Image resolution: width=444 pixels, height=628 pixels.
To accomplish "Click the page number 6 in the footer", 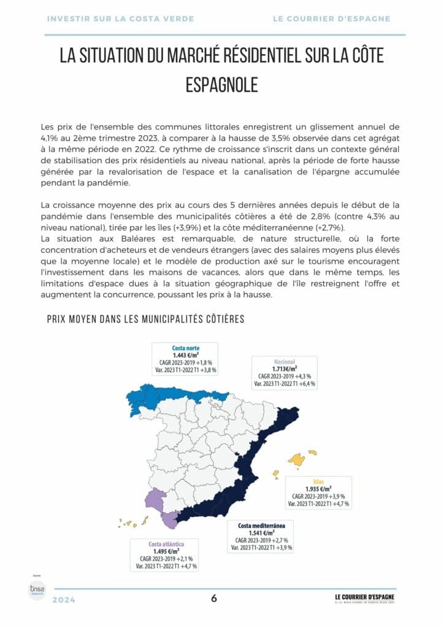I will pyautogui.click(x=214, y=599).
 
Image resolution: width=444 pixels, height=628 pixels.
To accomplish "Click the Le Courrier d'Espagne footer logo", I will pyautogui.click(x=364, y=598).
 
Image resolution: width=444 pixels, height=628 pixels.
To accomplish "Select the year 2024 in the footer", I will pyautogui.click(x=64, y=600).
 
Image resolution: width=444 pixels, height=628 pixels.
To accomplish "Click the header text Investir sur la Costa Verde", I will pyautogui.click(x=120, y=19).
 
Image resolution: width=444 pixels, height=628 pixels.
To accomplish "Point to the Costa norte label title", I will pyautogui.click(x=186, y=348).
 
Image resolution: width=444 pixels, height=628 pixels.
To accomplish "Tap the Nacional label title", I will pyautogui.click(x=285, y=361).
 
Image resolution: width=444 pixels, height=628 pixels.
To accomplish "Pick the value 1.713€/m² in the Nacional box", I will pyautogui.click(x=285, y=369).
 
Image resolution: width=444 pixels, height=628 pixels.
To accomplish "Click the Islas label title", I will pyautogui.click(x=318, y=481).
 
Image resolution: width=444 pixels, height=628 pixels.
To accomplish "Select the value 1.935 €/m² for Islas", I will pyautogui.click(x=318, y=489).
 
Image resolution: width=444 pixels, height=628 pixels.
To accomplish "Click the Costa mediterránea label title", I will pyautogui.click(x=262, y=526).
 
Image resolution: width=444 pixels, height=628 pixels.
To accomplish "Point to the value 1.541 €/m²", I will pyautogui.click(x=262, y=533).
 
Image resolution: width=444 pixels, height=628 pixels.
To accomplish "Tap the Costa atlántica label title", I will pyautogui.click(x=166, y=543).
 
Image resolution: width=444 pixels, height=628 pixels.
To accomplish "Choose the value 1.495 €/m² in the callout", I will pyautogui.click(x=166, y=551).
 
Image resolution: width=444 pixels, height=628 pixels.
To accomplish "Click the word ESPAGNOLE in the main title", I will pyautogui.click(x=221, y=85).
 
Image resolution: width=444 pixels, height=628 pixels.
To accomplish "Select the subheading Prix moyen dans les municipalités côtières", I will pyautogui.click(x=146, y=319).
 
